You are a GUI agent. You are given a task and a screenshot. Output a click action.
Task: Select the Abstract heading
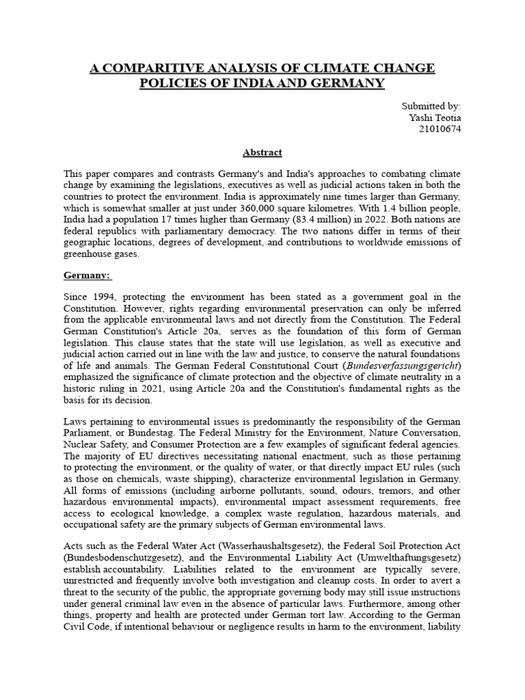(262, 152)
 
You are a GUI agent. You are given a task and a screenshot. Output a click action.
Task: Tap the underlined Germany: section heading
(88, 275)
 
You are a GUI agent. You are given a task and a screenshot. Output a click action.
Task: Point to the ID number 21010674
(439, 129)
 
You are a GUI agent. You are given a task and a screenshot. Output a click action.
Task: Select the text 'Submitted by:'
(431, 106)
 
